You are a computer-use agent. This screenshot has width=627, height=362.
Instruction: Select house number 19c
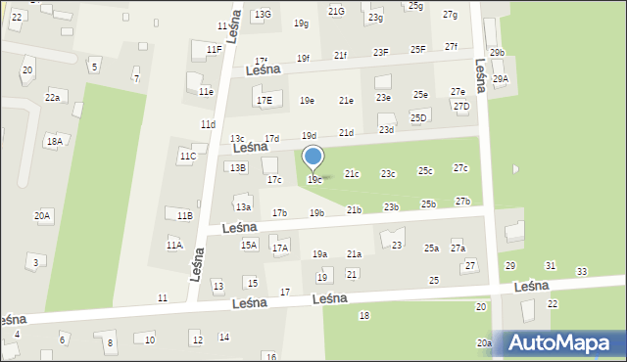coord(313,180)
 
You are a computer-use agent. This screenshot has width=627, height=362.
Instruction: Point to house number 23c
coord(389,174)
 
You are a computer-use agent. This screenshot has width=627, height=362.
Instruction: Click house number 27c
coord(460,169)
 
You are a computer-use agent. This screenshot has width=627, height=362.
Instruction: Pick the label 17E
coord(264,101)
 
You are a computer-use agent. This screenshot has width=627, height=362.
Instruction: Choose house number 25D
coord(418,118)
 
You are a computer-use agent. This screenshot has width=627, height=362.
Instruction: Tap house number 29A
coord(501,79)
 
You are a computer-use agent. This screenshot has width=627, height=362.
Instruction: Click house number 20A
coord(42,215)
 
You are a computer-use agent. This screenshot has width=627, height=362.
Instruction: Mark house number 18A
coord(54,141)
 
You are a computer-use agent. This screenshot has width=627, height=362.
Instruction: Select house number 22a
coord(52,98)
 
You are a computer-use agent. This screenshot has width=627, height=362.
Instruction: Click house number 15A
coord(249,246)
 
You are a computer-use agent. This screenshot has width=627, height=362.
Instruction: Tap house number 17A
coord(280,249)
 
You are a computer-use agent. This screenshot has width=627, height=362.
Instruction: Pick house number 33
coord(582,271)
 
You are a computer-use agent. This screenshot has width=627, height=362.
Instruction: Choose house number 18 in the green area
coord(363,315)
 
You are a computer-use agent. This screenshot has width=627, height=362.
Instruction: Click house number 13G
coord(263,15)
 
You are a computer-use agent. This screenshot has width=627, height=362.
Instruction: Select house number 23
coord(397,245)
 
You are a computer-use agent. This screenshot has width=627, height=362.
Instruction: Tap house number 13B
coord(238,167)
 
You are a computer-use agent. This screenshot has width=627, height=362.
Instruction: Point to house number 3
coord(36,262)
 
